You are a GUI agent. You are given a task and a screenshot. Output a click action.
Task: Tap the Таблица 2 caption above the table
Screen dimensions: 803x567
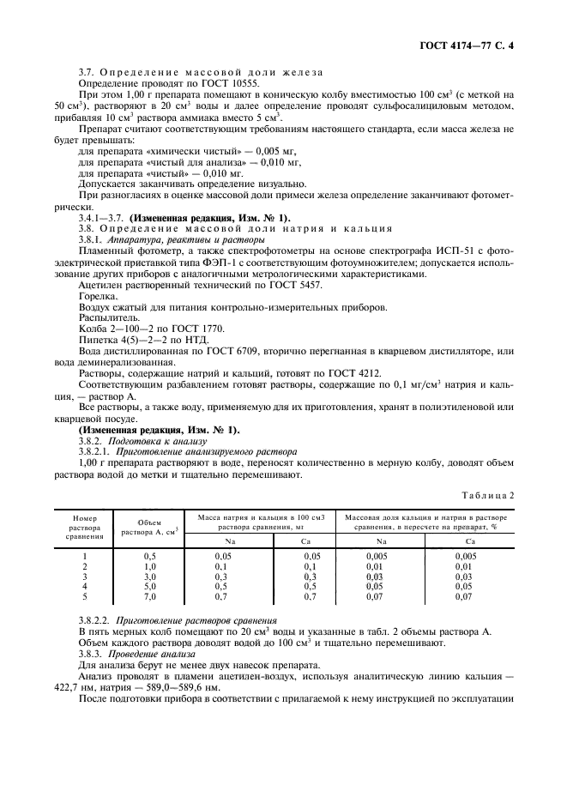510,495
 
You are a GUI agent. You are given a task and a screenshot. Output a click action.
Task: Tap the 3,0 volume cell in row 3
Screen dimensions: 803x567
148,576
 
